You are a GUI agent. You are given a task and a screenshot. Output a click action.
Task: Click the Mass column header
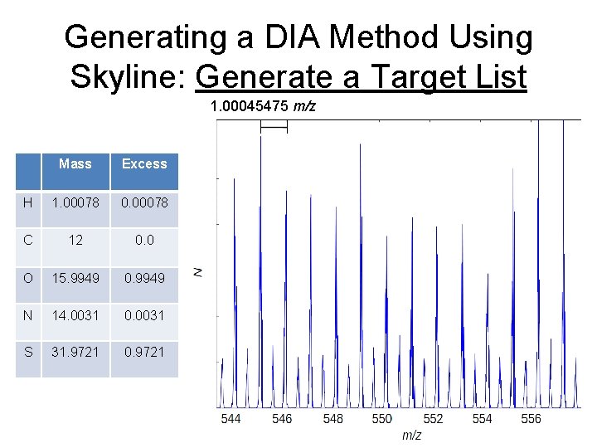point(75,163)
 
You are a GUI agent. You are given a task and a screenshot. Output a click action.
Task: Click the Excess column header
point(144,163)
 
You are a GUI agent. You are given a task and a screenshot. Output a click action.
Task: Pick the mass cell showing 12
point(75,240)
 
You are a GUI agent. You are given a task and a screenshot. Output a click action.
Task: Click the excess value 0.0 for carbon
point(144,240)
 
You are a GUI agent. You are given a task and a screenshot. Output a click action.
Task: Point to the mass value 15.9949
point(75,277)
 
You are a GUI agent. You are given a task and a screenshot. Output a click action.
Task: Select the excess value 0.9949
point(144,277)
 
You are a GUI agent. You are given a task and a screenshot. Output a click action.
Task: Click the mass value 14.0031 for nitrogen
point(75,314)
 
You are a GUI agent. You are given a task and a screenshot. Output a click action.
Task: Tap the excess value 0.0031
point(144,314)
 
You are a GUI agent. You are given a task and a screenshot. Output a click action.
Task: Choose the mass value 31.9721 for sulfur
point(75,352)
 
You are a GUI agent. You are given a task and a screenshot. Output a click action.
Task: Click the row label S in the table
point(28,352)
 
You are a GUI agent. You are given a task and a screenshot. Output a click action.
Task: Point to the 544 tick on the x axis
point(231,419)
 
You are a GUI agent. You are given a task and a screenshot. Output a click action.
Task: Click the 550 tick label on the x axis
point(381,419)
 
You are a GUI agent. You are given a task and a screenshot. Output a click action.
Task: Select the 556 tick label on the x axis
point(531,419)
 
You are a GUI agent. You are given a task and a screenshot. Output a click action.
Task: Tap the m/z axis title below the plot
point(412,436)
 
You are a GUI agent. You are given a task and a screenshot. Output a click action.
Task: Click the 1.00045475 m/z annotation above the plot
point(263,106)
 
